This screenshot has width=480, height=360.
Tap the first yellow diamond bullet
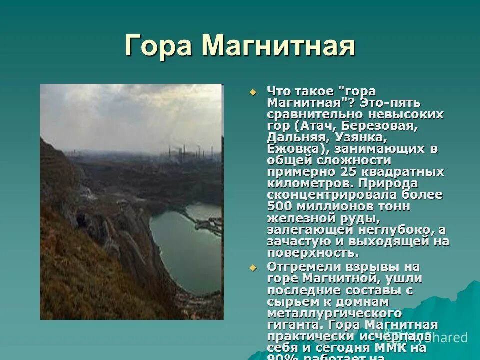click(252, 92)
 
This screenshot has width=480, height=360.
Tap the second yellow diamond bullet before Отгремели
click(252, 268)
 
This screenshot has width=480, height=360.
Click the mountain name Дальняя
click(296, 137)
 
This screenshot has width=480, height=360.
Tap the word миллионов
click(335, 206)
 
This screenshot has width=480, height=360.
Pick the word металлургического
click(334, 313)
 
